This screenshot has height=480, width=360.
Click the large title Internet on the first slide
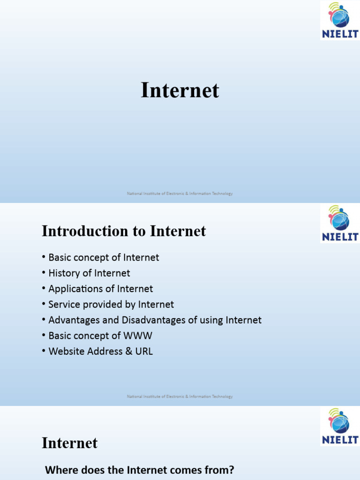pos(180,90)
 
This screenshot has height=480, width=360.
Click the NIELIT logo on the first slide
pos(339,20)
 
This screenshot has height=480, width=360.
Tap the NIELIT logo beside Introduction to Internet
pos(339,224)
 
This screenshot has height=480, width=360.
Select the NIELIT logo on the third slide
pos(340,426)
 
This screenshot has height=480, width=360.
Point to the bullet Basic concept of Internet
pos(104,257)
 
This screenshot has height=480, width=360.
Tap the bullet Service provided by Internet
pos(111,304)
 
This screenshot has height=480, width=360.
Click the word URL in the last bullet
pos(143,351)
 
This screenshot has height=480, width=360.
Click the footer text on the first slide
pos(180,194)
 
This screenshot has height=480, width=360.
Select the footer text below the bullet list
pos(180,397)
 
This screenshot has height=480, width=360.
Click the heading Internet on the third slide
pos(69,443)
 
